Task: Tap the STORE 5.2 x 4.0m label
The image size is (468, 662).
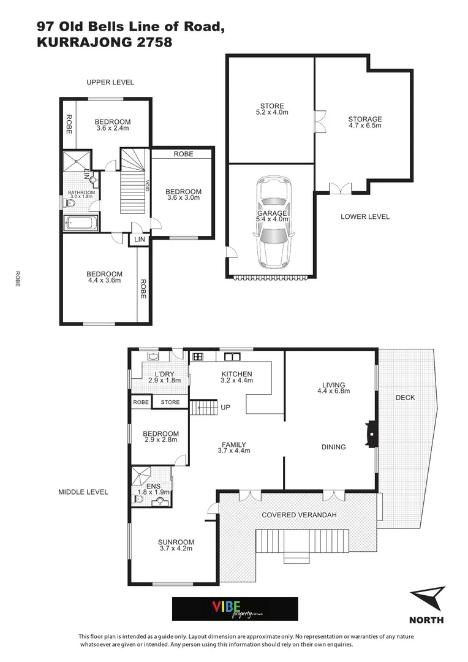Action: pos(271,109)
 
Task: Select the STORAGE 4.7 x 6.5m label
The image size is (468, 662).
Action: pos(365,123)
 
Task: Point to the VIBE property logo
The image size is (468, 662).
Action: pos(235,609)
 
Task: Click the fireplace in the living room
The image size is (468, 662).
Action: pos(369,433)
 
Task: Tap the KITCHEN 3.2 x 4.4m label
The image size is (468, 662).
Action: pos(236,377)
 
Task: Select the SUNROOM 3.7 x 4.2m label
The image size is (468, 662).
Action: pos(176,546)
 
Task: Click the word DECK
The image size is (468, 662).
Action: pos(405,398)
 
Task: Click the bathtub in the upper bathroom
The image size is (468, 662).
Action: pos(80,223)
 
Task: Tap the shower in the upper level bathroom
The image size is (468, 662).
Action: pos(77,162)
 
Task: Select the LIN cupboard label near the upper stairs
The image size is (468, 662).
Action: pos(140,240)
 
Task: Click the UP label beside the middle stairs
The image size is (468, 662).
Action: pos(225,407)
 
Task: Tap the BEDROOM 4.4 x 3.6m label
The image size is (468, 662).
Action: pos(104,277)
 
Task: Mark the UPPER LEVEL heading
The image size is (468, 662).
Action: pos(110,82)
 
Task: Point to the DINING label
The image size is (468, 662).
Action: pos(333,447)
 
